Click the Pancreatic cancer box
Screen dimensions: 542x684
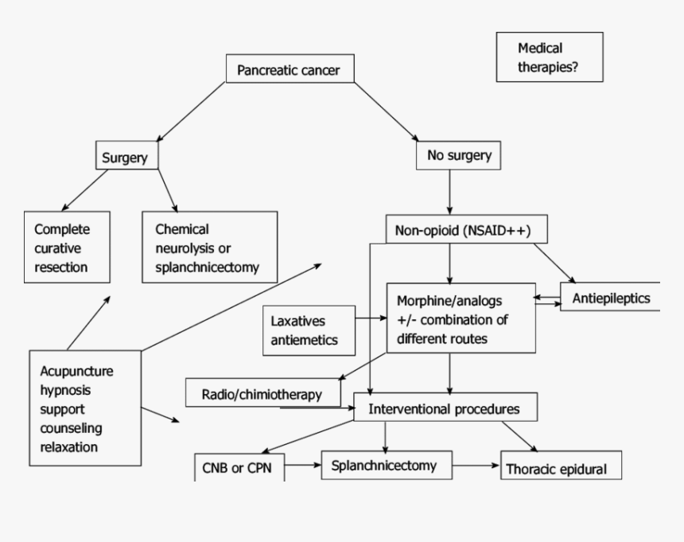(289, 70)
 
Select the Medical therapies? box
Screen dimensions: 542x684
(549, 57)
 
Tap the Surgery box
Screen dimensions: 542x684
(126, 158)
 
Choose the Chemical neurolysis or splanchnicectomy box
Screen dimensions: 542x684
(209, 248)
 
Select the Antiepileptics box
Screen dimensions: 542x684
(609, 298)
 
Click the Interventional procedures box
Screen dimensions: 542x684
(446, 408)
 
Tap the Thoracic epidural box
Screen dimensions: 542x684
(559, 468)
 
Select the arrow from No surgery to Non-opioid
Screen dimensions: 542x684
(451, 192)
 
